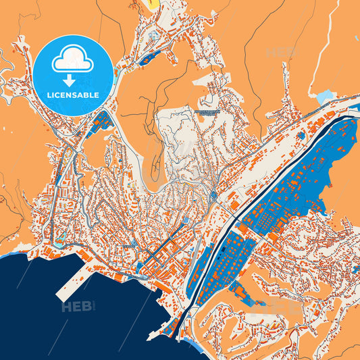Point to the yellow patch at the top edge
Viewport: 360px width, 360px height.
pyautogui.click(x=154, y=3)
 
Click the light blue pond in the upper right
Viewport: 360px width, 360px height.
pyautogui.click(x=325, y=97)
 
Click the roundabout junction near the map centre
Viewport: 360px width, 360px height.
pyautogui.click(x=213, y=197)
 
